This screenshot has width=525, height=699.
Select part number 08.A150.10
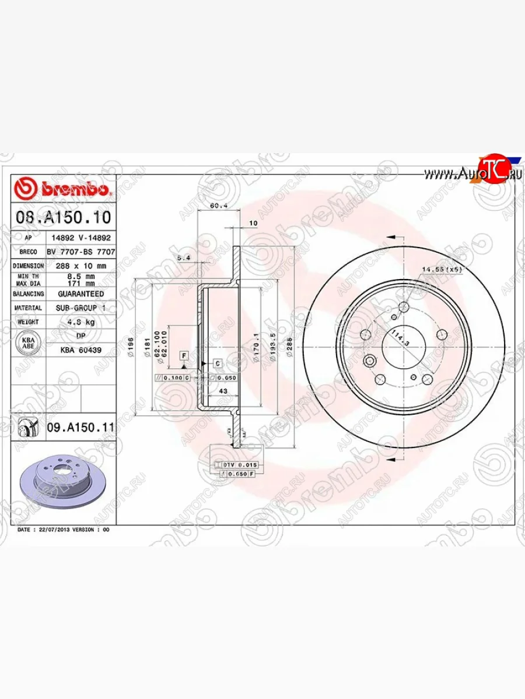coord(62,218)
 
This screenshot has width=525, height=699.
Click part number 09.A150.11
coord(80,428)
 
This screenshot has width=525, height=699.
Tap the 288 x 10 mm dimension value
coord(76,266)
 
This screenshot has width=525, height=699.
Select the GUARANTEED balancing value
coord(80,294)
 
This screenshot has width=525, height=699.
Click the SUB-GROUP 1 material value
coord(80,308)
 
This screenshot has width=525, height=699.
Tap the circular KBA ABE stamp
coord(27,343)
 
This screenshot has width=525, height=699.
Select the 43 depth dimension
coord(222,391)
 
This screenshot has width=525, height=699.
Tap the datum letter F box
coord(183,355)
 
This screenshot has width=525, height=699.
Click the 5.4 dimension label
coord(183,257)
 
